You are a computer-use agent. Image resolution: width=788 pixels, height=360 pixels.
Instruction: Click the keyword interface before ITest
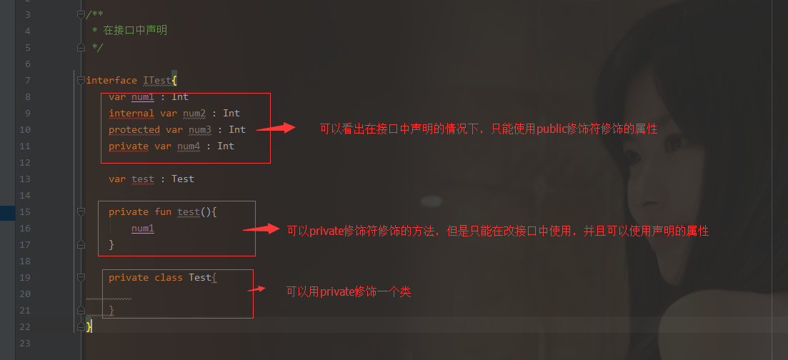111,80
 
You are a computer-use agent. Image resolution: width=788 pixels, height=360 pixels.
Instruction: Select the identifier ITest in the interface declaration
157,80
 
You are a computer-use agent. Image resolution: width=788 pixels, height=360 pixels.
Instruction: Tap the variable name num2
194,113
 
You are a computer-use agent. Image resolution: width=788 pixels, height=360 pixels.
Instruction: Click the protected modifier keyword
134,129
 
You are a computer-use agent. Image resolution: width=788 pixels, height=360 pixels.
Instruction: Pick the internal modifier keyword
131,113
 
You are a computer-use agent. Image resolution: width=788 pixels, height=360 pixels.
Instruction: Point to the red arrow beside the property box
275,129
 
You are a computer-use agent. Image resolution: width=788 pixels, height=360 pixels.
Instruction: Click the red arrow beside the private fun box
261,229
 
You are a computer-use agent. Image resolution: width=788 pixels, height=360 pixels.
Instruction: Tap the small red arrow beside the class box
256,289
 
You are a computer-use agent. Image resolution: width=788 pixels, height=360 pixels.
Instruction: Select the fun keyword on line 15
163,211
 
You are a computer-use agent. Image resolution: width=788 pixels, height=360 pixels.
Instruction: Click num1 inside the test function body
143,228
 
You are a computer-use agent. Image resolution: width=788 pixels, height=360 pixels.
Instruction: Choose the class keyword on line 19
169,277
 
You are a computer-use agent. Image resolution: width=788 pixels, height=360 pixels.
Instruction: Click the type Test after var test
183,179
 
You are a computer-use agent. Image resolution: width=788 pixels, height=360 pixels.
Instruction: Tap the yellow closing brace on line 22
89,326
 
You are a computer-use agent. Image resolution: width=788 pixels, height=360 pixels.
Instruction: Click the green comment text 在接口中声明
135,31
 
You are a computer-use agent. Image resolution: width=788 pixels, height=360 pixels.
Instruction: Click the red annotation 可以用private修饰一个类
349,291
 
